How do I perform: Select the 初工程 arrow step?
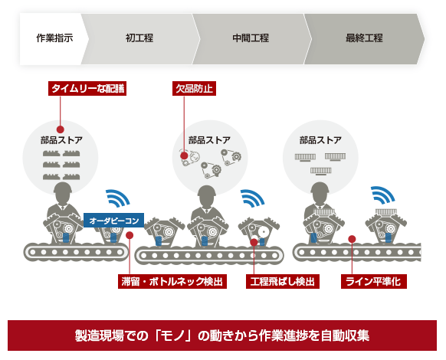point(140,38)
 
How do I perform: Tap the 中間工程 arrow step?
point(251,38)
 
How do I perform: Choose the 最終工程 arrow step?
point(364,38)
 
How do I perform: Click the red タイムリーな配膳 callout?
point(87,89)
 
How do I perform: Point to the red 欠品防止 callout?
point(195,89)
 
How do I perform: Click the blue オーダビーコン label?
point(113,221)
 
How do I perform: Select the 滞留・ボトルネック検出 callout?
point(172,282)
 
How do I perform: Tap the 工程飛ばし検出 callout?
point(283,282)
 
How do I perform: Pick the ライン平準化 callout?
point(374,282)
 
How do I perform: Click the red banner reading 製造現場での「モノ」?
point(222,335)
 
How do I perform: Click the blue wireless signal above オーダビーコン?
point(117,198)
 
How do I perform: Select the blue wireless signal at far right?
point(382,195)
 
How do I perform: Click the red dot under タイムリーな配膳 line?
point(60,129)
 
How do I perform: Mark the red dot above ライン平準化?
point(352,239)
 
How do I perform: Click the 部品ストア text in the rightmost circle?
point(320,140)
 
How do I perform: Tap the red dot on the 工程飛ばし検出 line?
point(254,242)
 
